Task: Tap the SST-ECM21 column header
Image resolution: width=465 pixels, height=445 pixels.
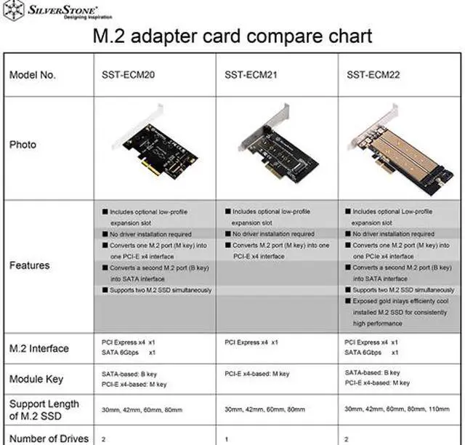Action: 254,75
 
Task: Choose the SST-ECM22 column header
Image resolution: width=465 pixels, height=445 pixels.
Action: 376,75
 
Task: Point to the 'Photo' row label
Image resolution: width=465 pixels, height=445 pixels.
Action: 23,145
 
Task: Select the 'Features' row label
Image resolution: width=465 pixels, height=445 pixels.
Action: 29,265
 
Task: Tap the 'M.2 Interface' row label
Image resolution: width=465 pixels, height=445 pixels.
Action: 39,348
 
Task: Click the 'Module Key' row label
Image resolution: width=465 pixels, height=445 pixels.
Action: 36,379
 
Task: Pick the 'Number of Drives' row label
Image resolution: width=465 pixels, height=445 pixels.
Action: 49,438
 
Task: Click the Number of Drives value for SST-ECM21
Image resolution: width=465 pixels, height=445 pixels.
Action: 227,438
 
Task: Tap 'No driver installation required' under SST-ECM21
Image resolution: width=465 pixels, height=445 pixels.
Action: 273,234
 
